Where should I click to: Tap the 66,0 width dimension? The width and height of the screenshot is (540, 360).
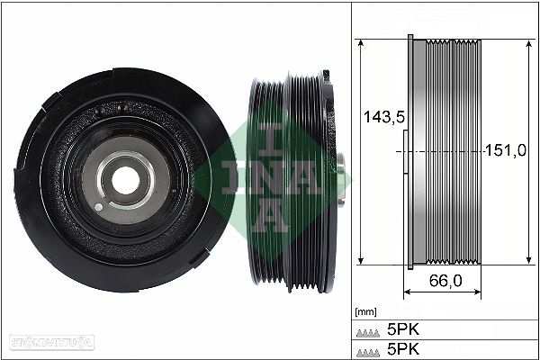(445, 281)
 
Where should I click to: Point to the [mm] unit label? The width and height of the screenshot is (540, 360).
(364, 311)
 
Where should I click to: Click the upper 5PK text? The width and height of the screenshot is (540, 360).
(403, 328)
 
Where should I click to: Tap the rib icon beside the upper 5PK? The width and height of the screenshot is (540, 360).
(369, 329)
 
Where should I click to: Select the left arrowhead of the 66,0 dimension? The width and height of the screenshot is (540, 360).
(409, 293)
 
